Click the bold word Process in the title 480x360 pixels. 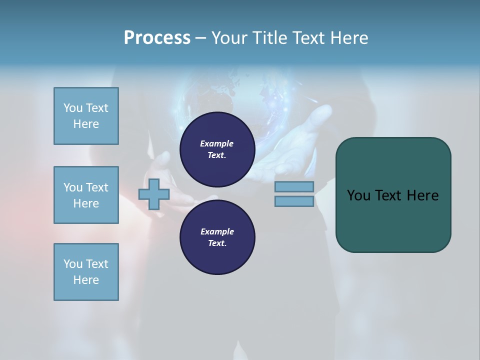(157, 38)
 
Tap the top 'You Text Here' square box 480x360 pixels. (86, 116)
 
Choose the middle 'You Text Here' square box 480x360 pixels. (86, 195)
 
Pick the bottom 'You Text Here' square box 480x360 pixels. (86, 272)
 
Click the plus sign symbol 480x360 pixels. (154, 194)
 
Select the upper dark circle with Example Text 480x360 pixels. (217, 149)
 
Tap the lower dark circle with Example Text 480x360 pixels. (217, 237)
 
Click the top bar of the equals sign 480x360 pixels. (294, 186)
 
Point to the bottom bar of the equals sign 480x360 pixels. (294, 201)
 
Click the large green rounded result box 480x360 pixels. (393, 220)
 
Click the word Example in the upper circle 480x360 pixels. (217, 143)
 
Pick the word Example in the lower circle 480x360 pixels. (217, 231)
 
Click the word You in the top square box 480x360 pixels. (73, 108)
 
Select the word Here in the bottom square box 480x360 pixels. (86, 280)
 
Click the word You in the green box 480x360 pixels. (358, 195)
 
